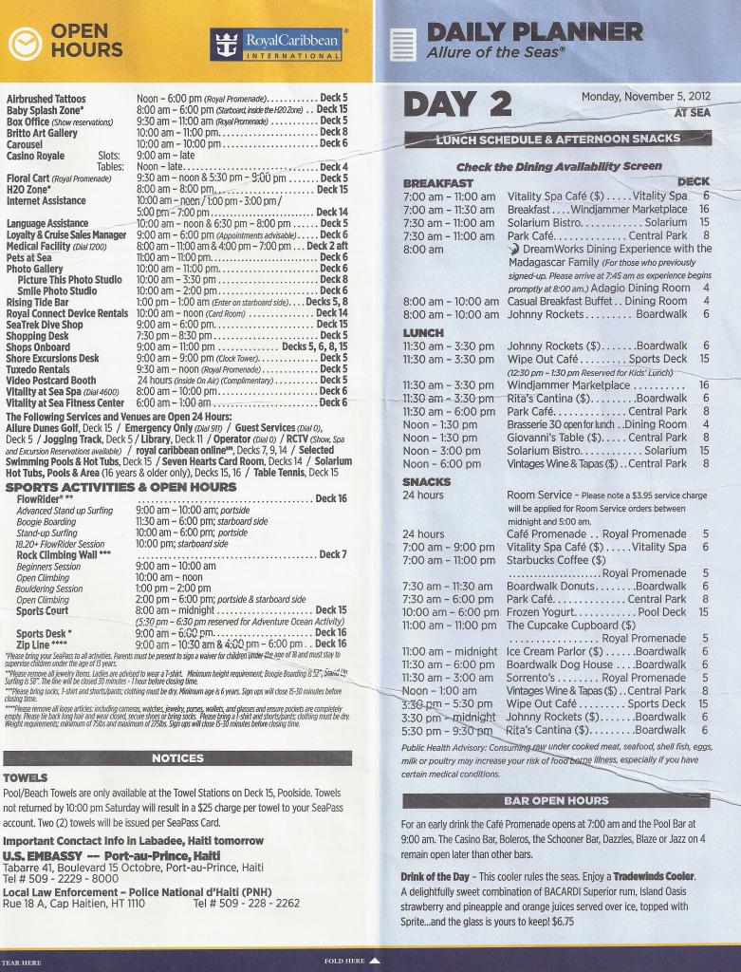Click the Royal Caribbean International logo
(x=277, y=44)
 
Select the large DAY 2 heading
(x=457, y=104)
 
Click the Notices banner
(x=177, y=757)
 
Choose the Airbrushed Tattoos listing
(x=46, y=99)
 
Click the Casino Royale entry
(x=36, y=156)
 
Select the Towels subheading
(x=25, y=777)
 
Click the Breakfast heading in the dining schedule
(x=437, y=182)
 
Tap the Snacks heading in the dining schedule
(x=426, y=481)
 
